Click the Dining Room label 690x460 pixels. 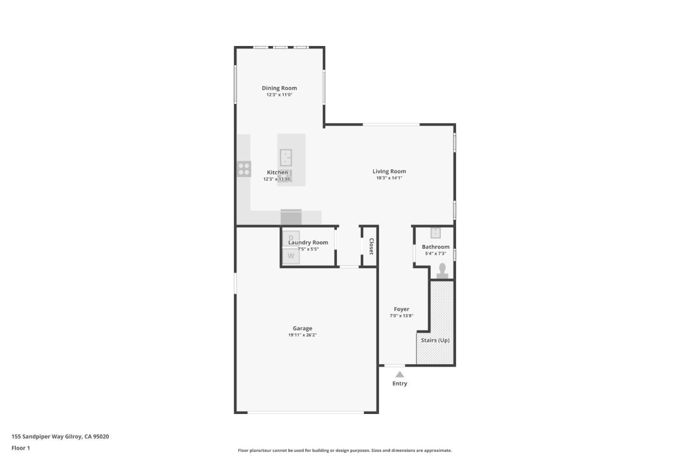[x=279, y=88]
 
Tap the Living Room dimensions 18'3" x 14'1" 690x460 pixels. [x=389, y=178]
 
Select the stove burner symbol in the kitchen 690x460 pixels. [x=244, y=169]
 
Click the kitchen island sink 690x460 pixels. [x=286, y=157]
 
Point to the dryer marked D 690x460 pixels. [x=291, y=238]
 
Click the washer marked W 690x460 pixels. [x=291, y=256]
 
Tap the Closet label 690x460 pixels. [x=371, y=246]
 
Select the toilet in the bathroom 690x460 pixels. [x=442, y=271]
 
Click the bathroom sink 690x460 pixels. [x=435, y=233]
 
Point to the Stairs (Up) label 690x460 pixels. [x=435, y=340]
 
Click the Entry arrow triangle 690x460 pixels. [x=400, y=374]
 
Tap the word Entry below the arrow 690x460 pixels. [x=400, y=383]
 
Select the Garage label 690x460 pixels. [x=302, y=328]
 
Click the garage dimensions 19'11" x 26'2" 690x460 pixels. [x=302, y=335]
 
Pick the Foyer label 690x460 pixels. [x=402, y=309]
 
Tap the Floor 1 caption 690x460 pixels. [x=21, y=448]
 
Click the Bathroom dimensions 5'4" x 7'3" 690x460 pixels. [x=435, y=253]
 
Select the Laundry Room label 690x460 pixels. [x=308, y=242]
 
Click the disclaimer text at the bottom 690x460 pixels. [x=345, y=450]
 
